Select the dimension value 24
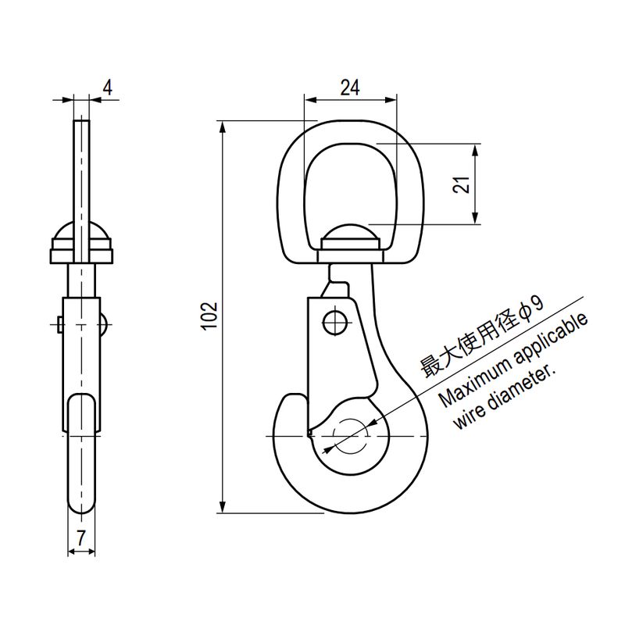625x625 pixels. [x=349, y=87]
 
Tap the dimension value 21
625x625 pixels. [x=461, y=184]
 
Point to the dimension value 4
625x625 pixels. [x=108, y=87]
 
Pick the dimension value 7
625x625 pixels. [x=81, y=538]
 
